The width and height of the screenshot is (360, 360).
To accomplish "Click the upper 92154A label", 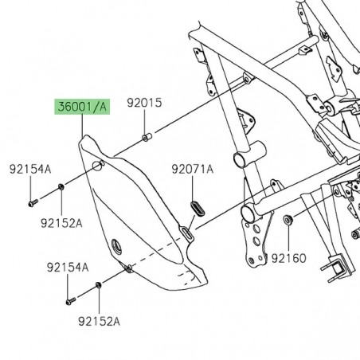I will [x=30, y=170].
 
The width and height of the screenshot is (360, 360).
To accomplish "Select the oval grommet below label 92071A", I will [x=192, y=207].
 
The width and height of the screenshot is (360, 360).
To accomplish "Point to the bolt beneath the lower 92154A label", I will [x=67, y=300].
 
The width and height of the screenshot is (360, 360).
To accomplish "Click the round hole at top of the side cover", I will [x=97, y=166].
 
